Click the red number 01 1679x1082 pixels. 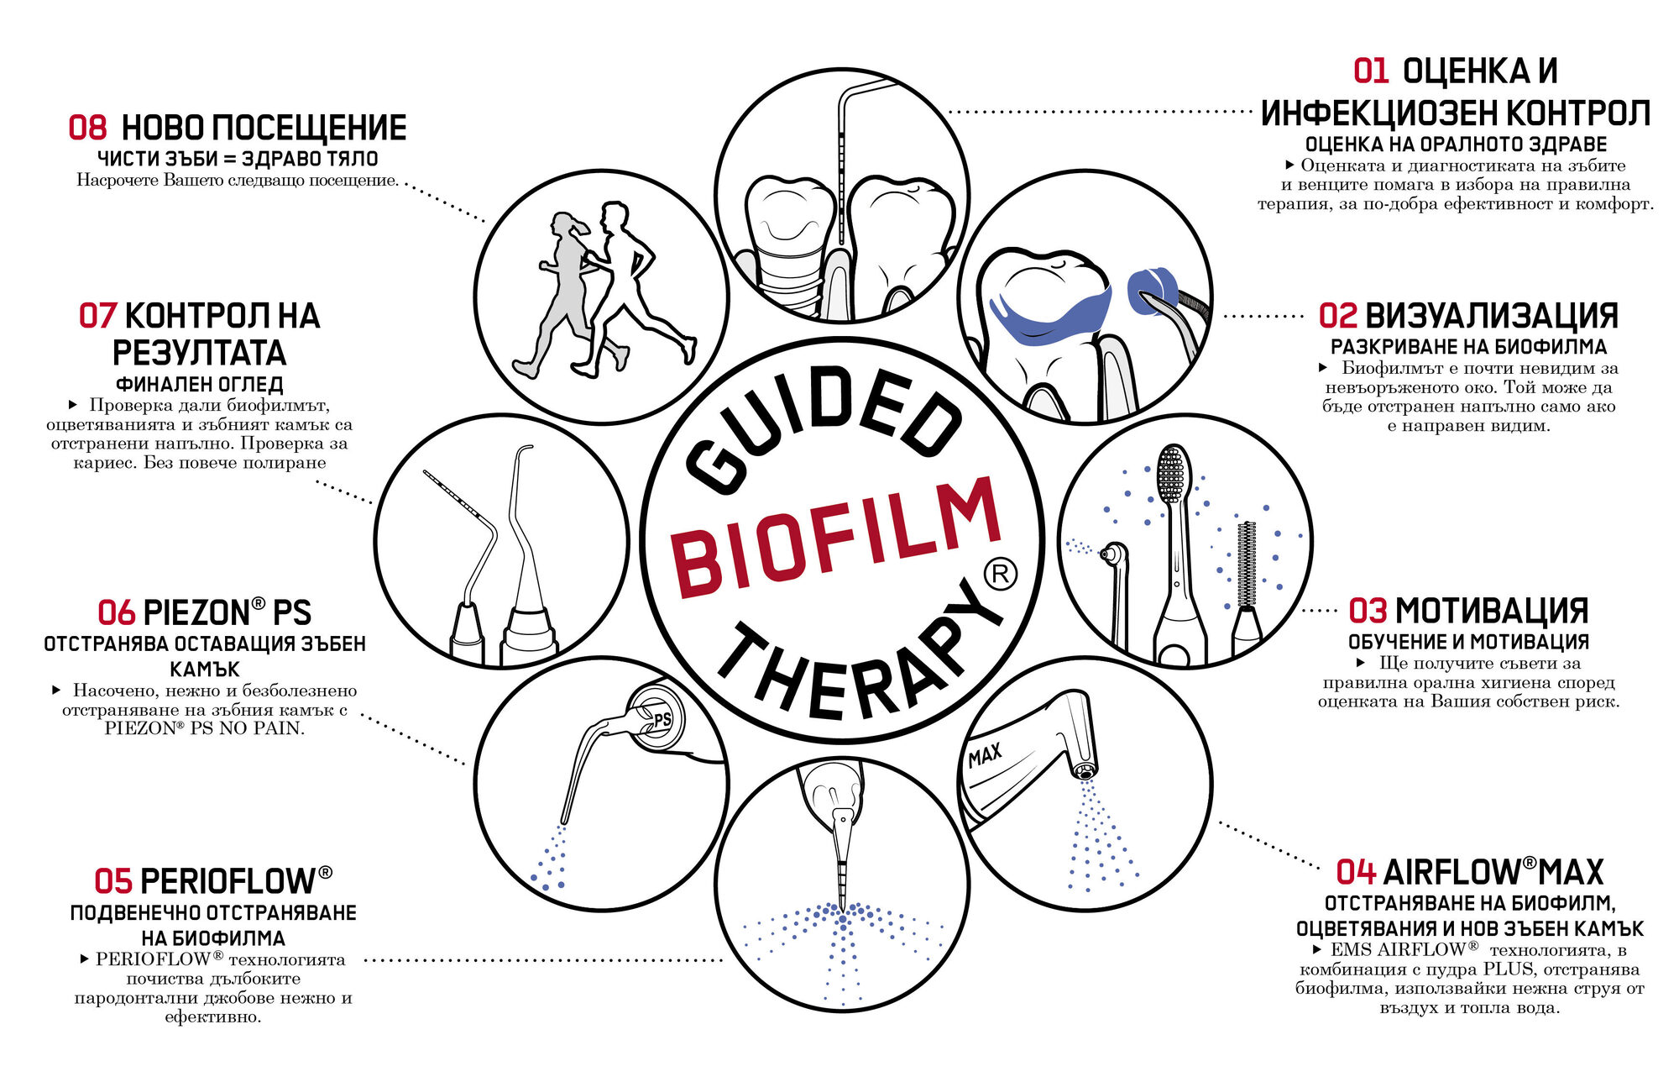click(x=1371, y=71)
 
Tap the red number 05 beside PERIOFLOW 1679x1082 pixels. click(x=113, y=882)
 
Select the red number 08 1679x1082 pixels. click(x=87, y=128)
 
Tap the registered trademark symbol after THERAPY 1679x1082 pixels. click(x=1000, y=574)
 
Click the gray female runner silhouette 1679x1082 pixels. click(x=563, y=294)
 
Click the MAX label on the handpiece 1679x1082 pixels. click(x=985, y=756)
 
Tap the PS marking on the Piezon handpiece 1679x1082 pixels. click(x=662, y=719)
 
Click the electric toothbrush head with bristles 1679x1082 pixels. click(x=1171, y=475)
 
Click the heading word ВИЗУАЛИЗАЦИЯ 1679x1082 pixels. click(x=1492, y=317)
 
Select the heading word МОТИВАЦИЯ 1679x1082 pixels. click(x=1491, y=611)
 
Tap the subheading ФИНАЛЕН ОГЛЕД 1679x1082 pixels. click(x=200, y=385)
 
